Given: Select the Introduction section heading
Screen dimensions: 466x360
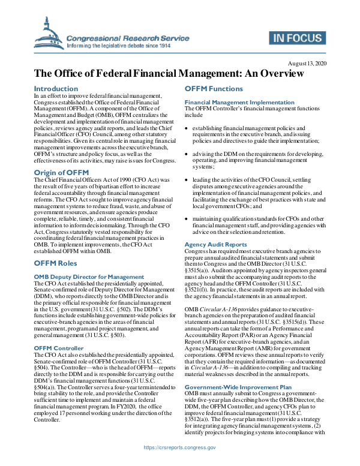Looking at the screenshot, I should [x=56, y=89].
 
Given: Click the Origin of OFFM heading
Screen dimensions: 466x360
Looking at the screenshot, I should [x=61, y=173].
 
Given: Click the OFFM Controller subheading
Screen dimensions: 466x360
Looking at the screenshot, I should [x=59, y=348].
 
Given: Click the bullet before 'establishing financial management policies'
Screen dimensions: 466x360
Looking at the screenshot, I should [x=187, y=128].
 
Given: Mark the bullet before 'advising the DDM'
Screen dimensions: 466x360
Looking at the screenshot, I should [x=187, y=154].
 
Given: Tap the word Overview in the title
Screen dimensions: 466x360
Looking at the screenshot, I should [x=275, y=75].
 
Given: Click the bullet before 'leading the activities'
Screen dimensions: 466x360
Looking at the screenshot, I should [x=187, y=179].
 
